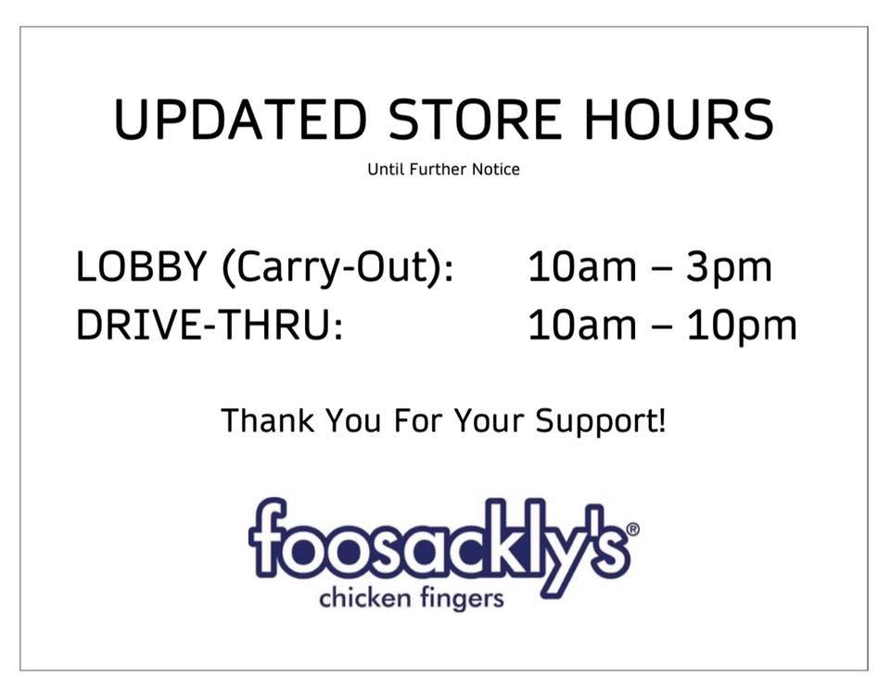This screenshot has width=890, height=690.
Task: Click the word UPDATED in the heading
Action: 241,120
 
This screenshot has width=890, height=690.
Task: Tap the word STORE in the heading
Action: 476,120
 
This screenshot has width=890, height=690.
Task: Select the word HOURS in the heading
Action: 679,120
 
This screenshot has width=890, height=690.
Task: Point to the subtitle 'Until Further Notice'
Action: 443,169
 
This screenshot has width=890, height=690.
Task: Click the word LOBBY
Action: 141,266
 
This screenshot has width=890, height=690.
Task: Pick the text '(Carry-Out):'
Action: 338,269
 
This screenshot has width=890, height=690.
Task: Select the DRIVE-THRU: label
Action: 210,325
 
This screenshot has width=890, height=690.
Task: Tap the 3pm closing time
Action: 729,269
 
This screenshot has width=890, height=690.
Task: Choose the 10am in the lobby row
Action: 582,266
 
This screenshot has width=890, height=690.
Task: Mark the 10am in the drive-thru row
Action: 582,325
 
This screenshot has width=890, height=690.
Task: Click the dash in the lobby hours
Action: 661,270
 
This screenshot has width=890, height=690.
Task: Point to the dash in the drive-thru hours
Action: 661,328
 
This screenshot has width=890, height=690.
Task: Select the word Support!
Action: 601,423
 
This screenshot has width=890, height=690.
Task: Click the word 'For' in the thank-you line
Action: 417,420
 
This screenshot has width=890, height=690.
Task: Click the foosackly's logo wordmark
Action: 439,545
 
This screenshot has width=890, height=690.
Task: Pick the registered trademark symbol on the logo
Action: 632,530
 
